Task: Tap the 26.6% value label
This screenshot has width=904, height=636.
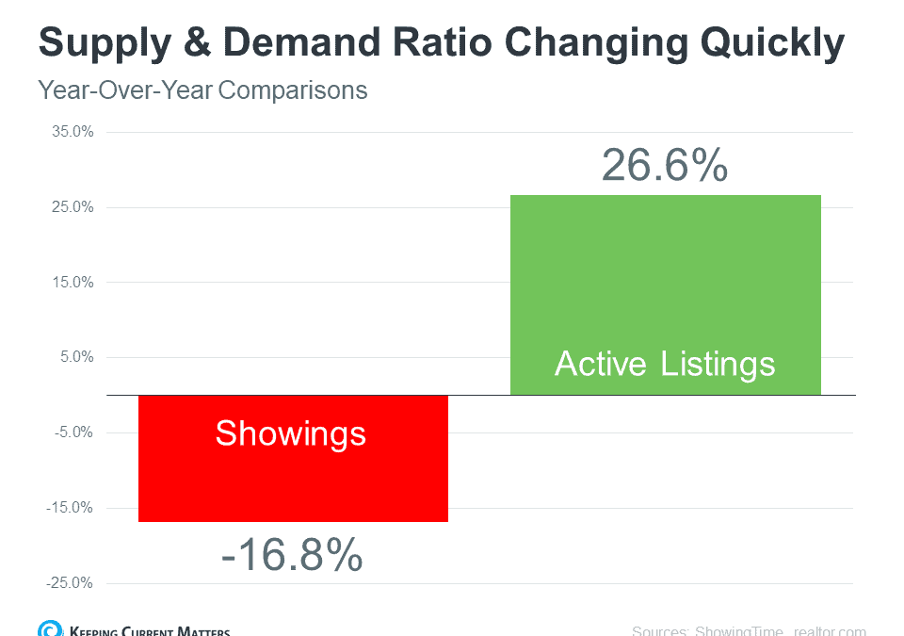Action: click(665, 166)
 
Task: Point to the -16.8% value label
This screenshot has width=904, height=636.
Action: click(292, 556)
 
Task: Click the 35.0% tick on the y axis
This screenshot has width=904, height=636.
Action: click(73, 132)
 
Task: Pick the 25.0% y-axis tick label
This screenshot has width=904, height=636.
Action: click(73, 207)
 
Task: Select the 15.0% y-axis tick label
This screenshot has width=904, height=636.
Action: click(73, 282)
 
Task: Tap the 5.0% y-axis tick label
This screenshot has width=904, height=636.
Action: click(75, 357)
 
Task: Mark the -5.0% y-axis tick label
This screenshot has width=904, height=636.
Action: click(73, 432)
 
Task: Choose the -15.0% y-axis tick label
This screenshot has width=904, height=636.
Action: click(71, 508)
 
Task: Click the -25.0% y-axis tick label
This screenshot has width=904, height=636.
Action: click(71, 582)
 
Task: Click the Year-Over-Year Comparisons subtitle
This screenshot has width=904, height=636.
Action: click(202, 90)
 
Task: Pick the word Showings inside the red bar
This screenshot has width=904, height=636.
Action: click(290, 432)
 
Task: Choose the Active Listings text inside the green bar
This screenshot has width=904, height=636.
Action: click(665, 364)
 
